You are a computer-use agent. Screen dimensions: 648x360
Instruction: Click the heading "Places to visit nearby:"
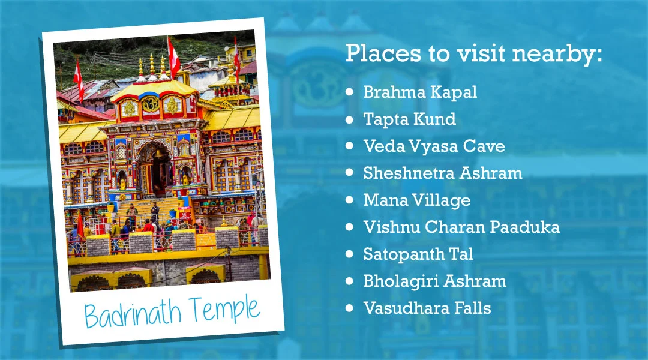tap(473, 53)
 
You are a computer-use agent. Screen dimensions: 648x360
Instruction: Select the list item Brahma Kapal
tap(420, 92)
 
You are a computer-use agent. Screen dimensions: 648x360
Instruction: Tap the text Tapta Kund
tap(410, 119)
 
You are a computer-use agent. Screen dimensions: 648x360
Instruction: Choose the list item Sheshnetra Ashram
tap(443, 173)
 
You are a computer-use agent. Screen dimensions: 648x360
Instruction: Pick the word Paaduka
tap(524, 227)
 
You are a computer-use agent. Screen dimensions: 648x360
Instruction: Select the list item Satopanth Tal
tap(418, 254)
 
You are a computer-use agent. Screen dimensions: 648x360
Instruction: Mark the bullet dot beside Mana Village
tap(350, 200)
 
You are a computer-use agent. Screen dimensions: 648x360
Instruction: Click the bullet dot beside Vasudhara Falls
tap(350, 308)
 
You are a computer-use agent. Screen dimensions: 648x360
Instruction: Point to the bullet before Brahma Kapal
tap(350, 92)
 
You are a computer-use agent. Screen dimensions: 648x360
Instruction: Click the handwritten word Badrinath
tap(133, 314)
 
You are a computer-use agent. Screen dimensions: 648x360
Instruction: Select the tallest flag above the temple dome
tap(173, 57)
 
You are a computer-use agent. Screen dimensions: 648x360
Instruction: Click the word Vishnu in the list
tap(391, 227)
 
